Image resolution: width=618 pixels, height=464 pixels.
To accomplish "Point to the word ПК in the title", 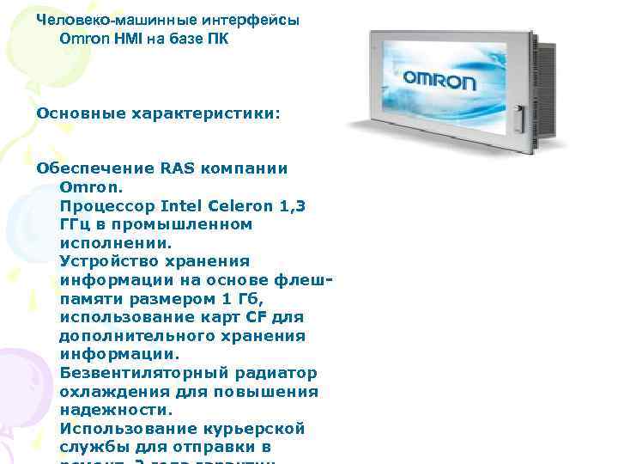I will (x=218, y=40).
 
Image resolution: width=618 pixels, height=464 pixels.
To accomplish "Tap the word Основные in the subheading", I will (x=77, y=113).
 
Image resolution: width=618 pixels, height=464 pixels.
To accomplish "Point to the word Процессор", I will (x=101, y=205).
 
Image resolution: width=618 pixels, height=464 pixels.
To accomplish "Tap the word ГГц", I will (x=75, y=224).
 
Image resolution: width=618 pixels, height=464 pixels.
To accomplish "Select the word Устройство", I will (x=106, y=261).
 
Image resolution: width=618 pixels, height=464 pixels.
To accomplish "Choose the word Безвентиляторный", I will (x=145, y=373).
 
